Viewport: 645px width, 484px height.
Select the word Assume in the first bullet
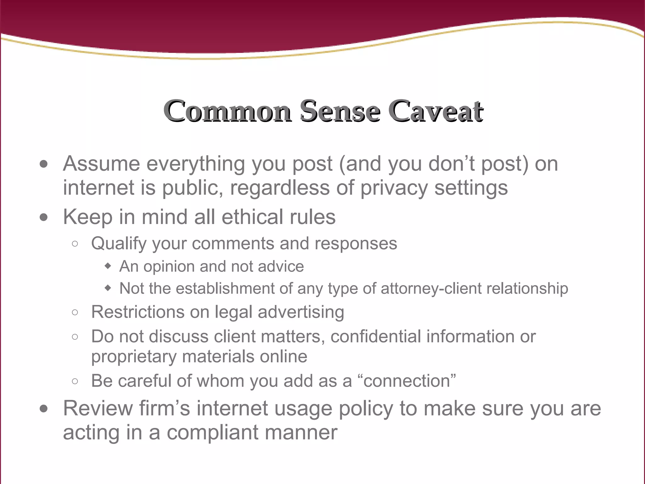[101, 164]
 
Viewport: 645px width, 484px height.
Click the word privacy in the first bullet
[394, 188]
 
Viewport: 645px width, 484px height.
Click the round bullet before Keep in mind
[44, 217]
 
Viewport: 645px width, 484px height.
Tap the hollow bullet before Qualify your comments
[75, 244]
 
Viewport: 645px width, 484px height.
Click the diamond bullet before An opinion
[108, 266]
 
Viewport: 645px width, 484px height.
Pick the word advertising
[301, 313]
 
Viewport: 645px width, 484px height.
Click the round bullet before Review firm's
[44, 409]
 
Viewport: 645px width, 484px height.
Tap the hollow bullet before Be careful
[75, 381]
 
